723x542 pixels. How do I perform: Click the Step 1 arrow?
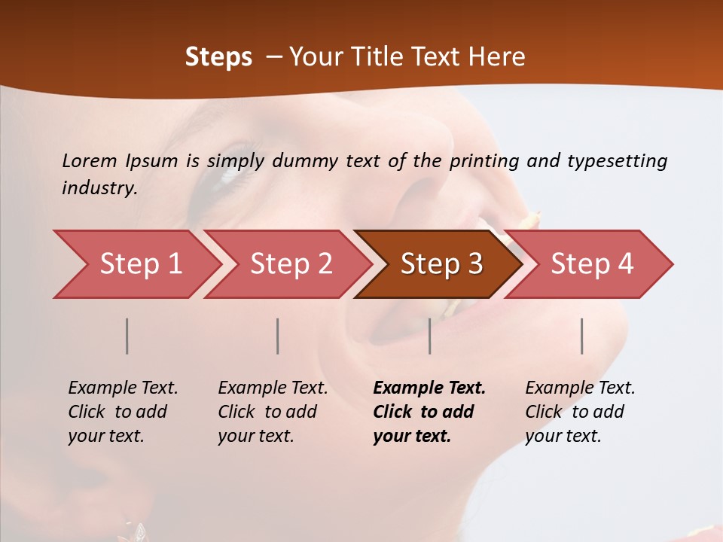point(136,264)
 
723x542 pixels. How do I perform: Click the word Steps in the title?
point(218,57)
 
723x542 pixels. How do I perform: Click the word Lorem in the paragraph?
point(89,160)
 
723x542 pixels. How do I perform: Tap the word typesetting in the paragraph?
point(617,161)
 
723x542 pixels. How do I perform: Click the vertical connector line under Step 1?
point(127,336)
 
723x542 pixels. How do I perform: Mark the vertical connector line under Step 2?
point(278,336)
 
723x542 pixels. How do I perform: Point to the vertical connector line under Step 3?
point(429,336)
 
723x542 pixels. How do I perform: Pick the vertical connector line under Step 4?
point(581,336)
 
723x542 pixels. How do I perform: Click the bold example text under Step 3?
point(428,412)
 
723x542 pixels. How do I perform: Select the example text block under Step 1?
point(122,412)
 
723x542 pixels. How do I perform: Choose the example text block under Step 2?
point(272,412)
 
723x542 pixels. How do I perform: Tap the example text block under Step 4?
point(579,412)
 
